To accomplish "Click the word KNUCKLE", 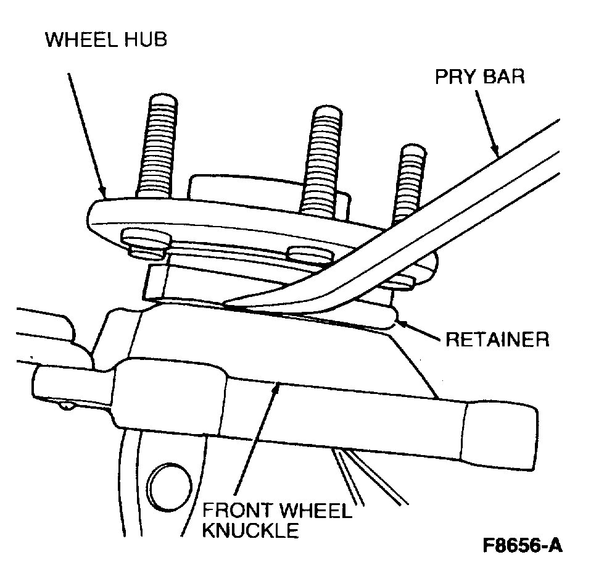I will coord(250,530).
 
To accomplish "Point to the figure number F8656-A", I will coord(523,546).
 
